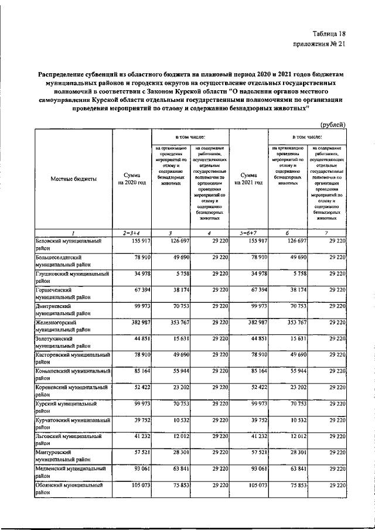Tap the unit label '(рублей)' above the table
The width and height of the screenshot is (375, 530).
point(333,124)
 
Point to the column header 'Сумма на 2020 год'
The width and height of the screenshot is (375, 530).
point(131,179)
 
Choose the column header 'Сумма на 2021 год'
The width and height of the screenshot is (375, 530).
point(248,179)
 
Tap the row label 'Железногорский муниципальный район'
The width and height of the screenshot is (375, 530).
point(64,326)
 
